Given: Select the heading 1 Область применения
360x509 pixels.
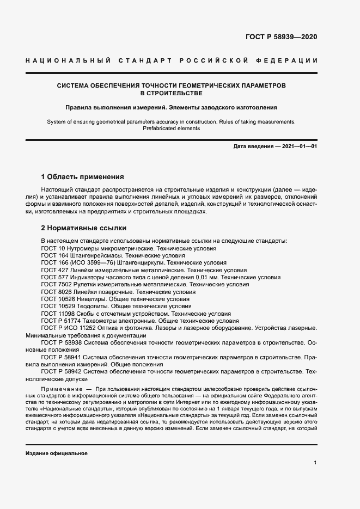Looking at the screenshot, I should point(83,177).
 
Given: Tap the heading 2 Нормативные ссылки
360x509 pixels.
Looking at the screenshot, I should point(84,228).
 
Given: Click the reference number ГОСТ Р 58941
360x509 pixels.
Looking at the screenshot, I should point(61,358).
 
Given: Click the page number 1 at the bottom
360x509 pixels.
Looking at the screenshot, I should point(315,462).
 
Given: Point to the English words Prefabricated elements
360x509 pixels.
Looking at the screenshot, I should point(172,128).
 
